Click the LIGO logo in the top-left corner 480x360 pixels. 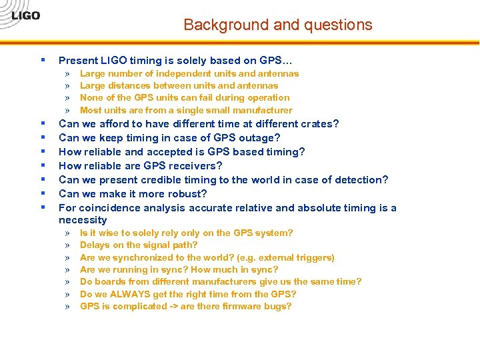point(25,15)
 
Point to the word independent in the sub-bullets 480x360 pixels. point(179,73)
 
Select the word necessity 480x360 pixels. point(83,220)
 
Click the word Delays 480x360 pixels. point(95,245)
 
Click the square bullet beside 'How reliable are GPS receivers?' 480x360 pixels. point(43,165)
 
